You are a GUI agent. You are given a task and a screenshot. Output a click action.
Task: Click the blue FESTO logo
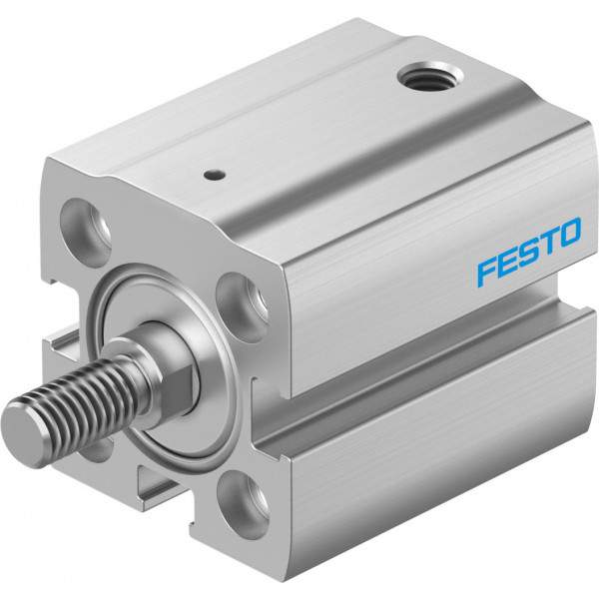[529, 252]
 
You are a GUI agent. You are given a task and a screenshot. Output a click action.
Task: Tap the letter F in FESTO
[489, 272]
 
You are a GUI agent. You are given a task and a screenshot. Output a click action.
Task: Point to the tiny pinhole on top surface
[214, 176]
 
